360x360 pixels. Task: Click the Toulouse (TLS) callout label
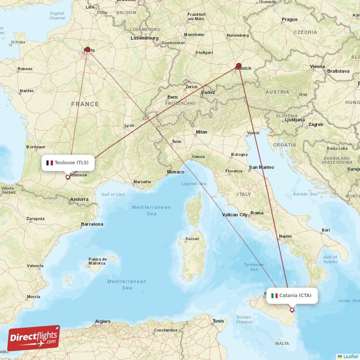click(68, 162)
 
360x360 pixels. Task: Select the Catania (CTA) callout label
click(292, 295)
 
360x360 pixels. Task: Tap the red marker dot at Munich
click(238, 66)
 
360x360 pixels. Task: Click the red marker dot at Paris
click(87, 49)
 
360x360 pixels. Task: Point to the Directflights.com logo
click(34, 338)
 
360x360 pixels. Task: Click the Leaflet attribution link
click(347, 356)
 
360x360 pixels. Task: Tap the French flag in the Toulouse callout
click(49, 162)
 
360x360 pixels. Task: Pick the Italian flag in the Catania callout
click(274, 296)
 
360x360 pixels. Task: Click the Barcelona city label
click(92, 224)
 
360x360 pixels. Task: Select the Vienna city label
click(317, 67)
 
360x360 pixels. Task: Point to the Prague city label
click(289, 19)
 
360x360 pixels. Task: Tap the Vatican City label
click(235, 215)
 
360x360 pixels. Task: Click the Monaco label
click(175, 172)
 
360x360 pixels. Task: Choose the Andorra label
click(80, 199)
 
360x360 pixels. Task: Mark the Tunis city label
click(218, 321)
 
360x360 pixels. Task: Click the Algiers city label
click(103, 321)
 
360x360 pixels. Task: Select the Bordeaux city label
click(36, 147)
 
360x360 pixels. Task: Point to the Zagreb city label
click(315, 124)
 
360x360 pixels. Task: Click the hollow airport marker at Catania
click(292, 310)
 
